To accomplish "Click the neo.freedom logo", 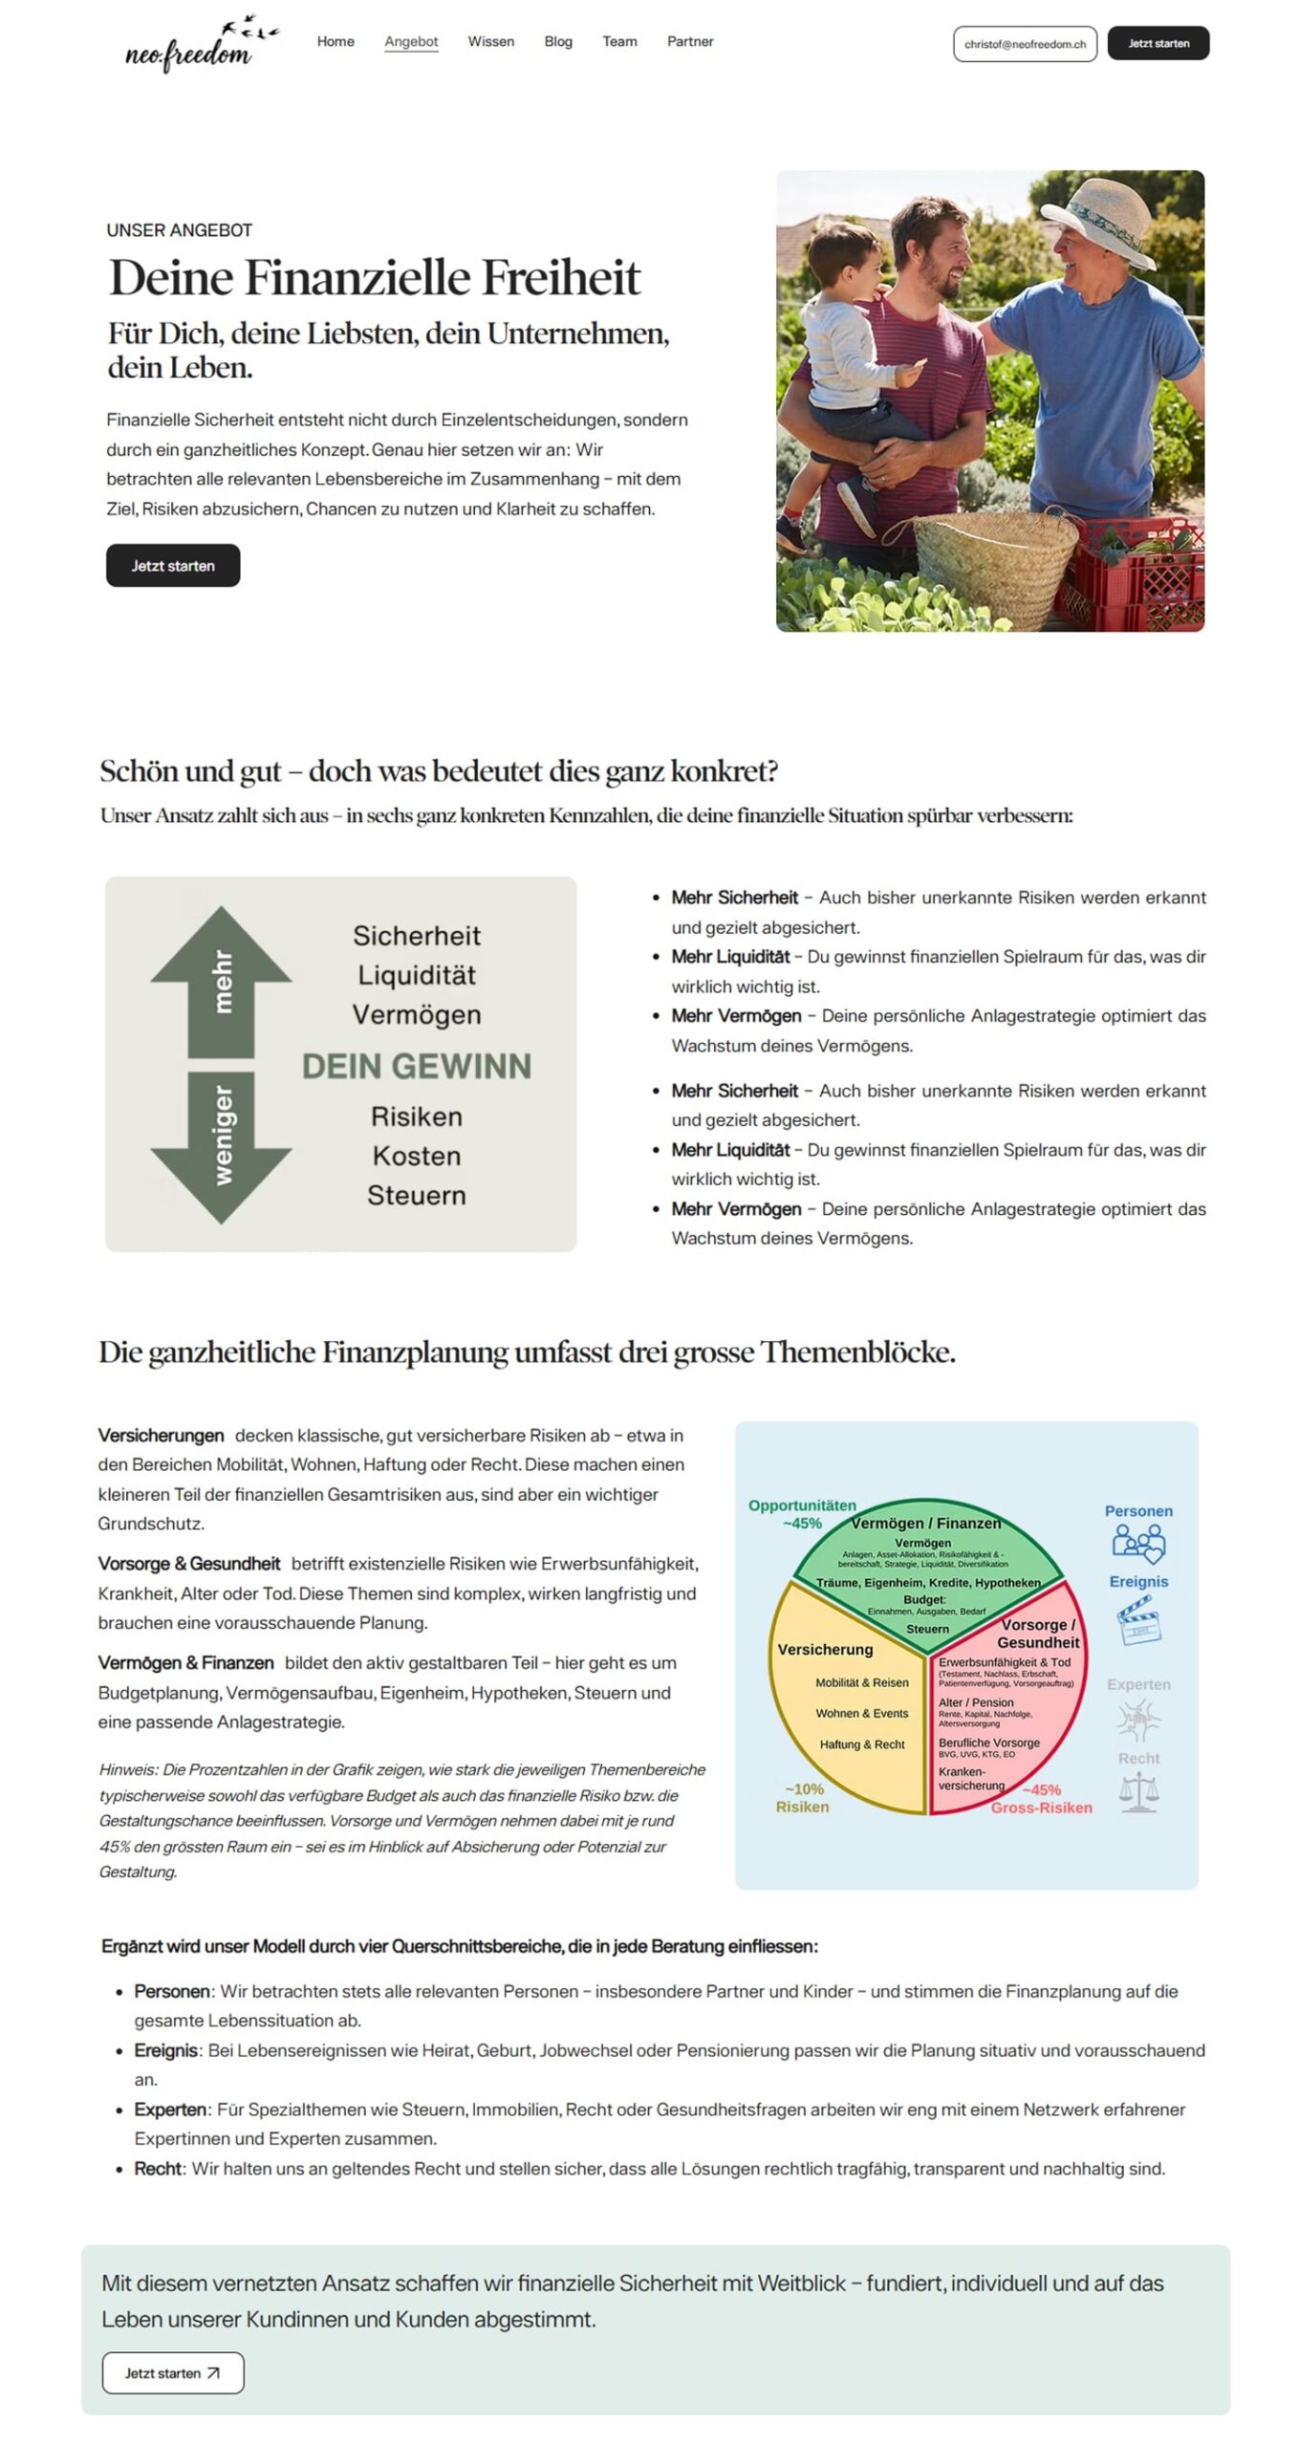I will pos(196,46).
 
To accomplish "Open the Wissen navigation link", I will pos(490,42).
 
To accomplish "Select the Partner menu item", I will pos(689,42).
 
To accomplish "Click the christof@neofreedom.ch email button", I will pos(1024,44).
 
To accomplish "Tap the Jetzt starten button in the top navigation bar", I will pos(1157,44).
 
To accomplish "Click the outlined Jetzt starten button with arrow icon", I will pos(172,2371).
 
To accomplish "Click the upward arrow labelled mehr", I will pos(220,980).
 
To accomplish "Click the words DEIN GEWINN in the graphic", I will pos(416,1066).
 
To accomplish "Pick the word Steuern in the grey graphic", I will pos(416,1195).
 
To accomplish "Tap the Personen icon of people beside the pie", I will pos(1137,1544).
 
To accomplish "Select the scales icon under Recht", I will pos(1137,1792).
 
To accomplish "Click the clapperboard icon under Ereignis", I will pos(1137,1621).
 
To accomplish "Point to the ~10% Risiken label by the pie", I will pos(802,1798).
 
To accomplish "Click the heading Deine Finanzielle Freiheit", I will pos(374,278).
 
